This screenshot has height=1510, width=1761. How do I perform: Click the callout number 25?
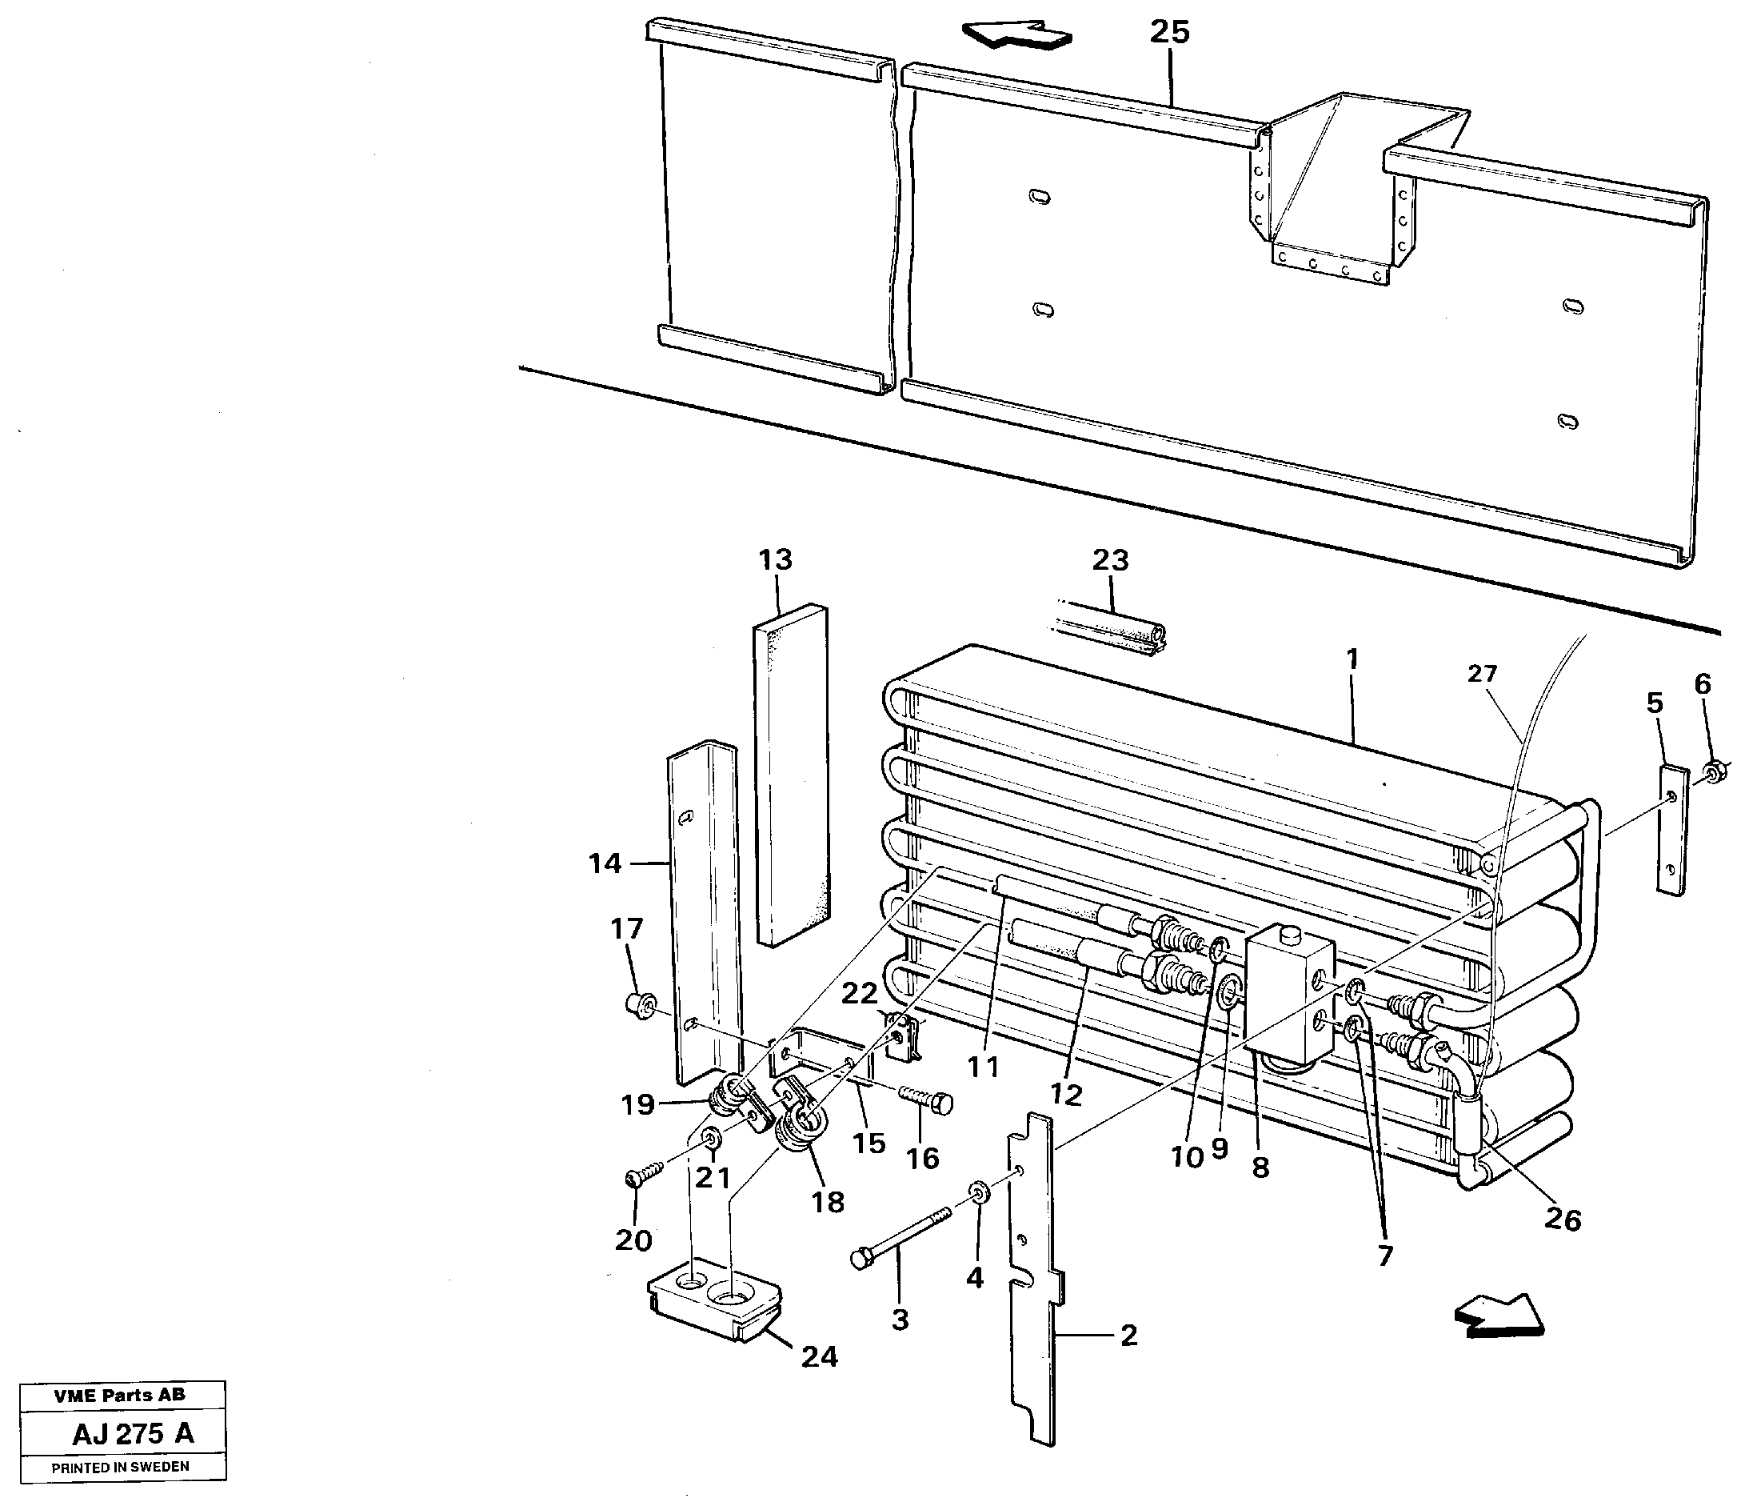tap(1169, 32)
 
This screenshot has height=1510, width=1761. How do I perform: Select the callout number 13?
tap(775, 559)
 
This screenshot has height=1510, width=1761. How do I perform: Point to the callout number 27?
tap(1481, 674)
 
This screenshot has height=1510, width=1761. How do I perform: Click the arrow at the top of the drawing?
tap(1016, 37)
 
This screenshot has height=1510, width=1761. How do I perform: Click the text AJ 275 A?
tap(134, 1433)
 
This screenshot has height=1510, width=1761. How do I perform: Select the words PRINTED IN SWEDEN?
tap(120, 1467)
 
